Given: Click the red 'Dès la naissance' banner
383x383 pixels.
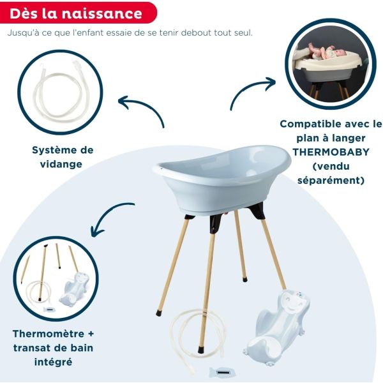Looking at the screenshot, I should point(77,13).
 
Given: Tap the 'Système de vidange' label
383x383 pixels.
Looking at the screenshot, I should point(63,156).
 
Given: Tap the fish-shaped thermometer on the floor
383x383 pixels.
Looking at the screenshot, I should point(222,372).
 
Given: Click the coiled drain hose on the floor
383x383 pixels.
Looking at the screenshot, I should point(191,335).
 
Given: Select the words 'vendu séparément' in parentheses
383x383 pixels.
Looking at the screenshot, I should point(330,173).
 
